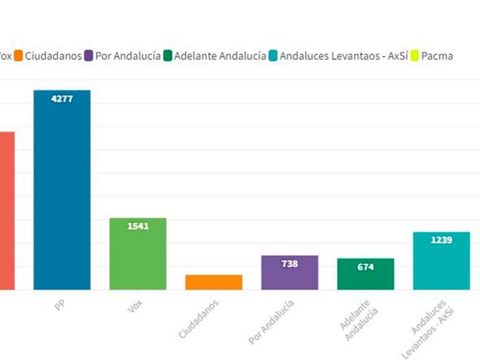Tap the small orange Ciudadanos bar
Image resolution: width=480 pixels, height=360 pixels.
(x=214, y=282)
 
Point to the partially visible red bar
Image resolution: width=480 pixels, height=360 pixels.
(x=7, y=210)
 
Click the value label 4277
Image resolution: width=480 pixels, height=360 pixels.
(x=62, y=99)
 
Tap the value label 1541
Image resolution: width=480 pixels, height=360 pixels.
(x=137, y=226)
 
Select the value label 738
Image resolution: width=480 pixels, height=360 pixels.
(x=290, y=263)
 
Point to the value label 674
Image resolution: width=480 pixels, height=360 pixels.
(x=365, y=267)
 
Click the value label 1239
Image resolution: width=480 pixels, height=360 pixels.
(x=441, y=240)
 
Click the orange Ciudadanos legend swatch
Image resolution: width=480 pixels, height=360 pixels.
(x=19, y=56)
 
